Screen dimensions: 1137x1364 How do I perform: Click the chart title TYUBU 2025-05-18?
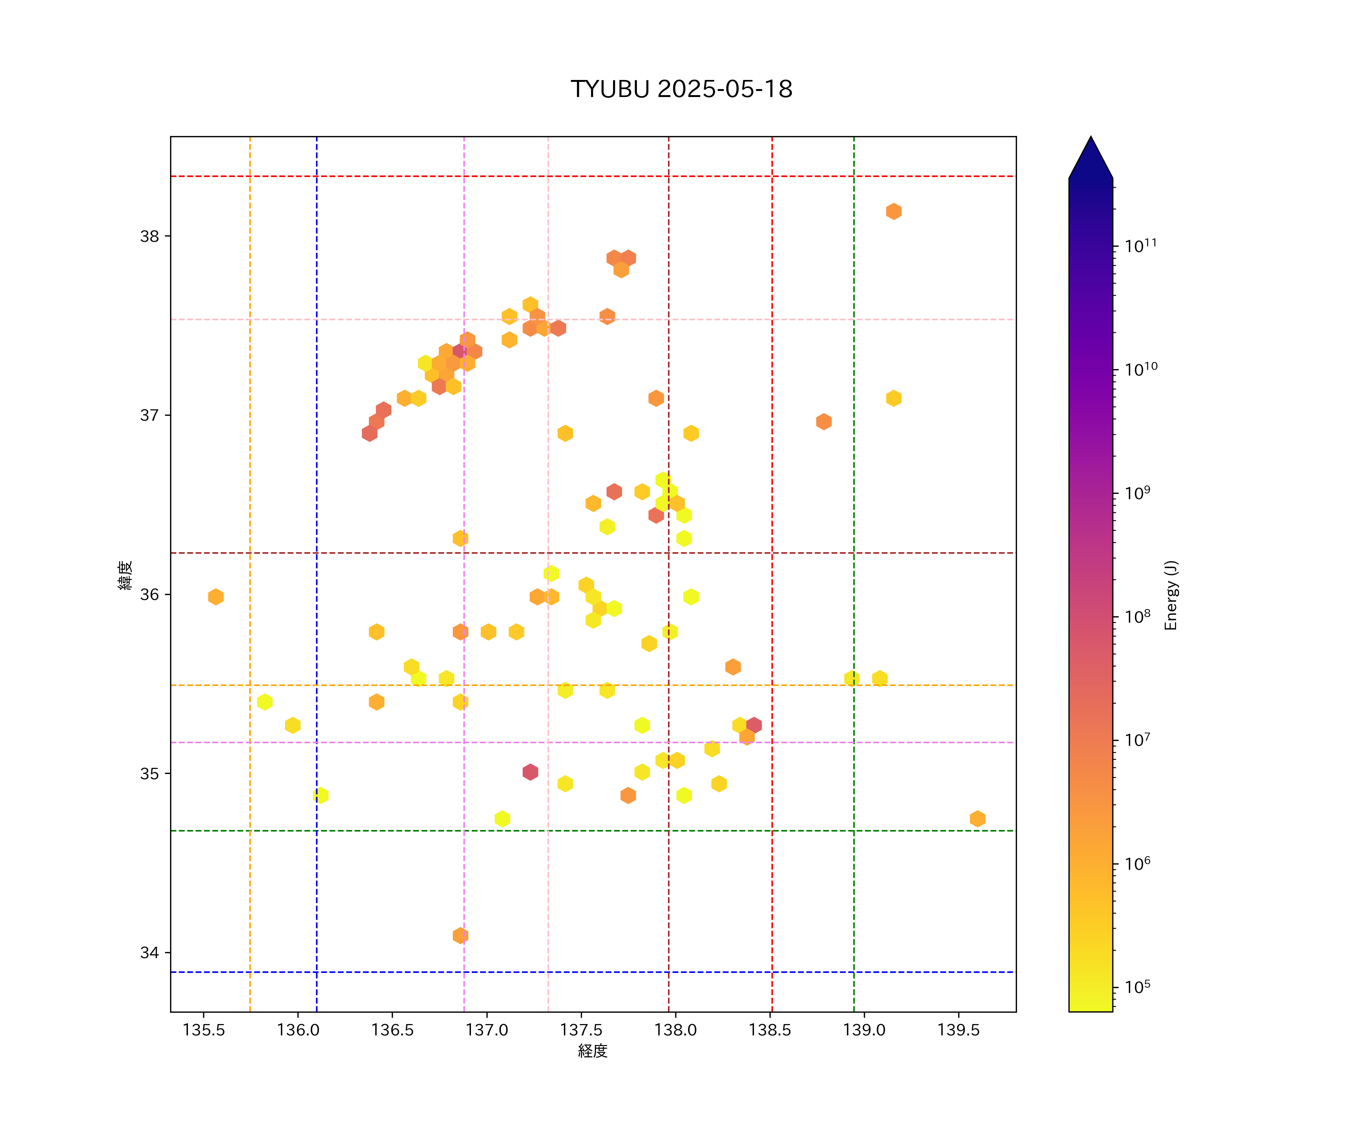pos(681,89)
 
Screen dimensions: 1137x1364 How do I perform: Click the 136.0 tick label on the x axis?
pos(298,1031)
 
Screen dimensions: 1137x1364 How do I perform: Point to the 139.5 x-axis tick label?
pos(958,1031)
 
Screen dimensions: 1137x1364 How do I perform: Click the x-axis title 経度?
pos(592,1051)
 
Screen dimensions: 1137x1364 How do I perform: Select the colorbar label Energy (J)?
pos(1171,595)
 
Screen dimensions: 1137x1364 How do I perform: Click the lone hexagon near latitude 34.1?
pos(460,936)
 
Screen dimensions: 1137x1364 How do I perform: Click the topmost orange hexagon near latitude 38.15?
pos(894,211)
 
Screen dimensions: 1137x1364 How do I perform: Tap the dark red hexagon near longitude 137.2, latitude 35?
pos(530,772)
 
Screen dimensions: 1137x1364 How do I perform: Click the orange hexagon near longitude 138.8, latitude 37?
pos(824,422)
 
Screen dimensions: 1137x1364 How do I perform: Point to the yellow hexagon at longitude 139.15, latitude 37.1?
pos(894,398)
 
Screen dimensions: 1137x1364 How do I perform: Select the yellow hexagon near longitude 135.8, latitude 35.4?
pos(264,702)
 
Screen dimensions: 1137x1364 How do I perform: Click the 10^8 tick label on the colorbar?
pos(1138,616)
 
